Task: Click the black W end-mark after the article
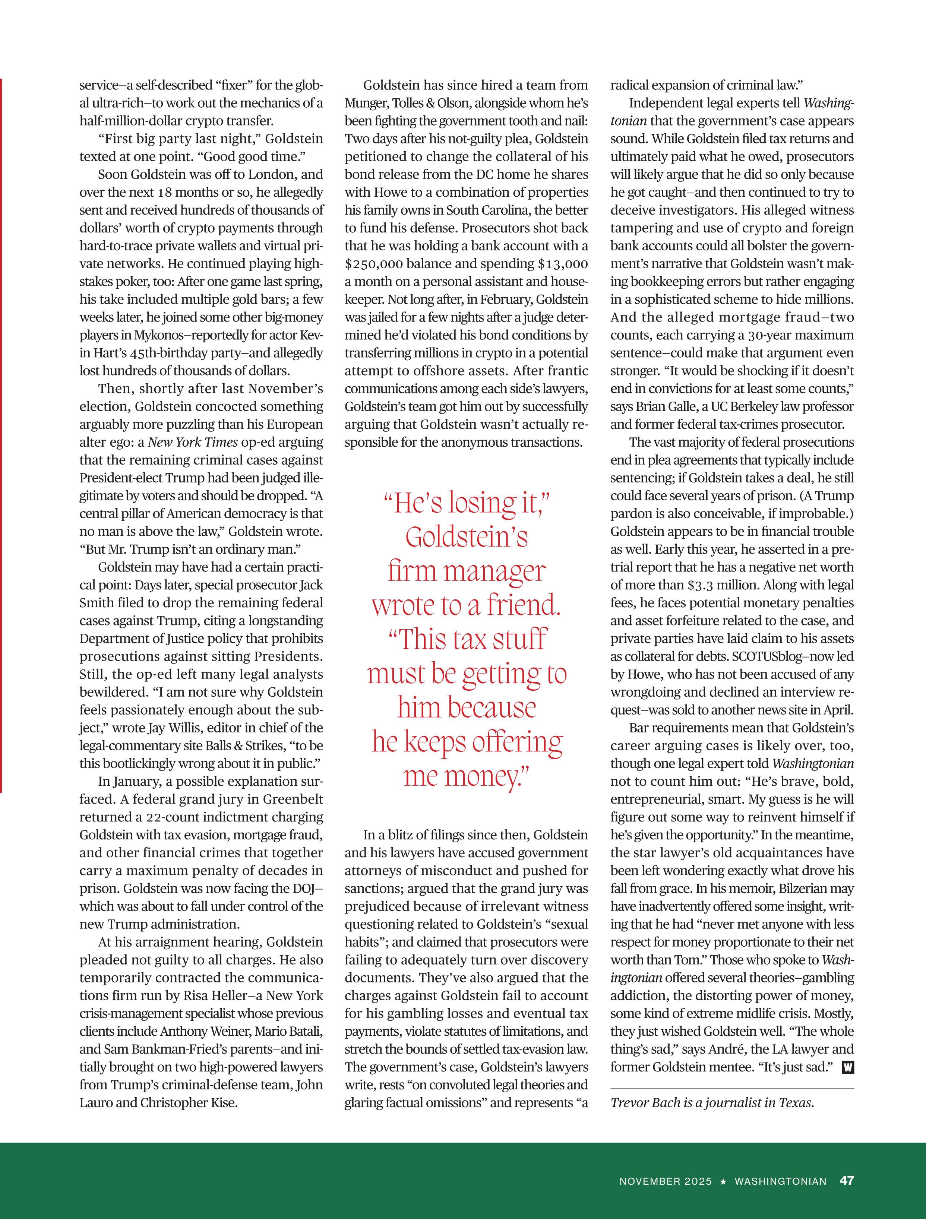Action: pyautogui.click(x=848, y=1067)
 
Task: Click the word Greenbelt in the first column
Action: pyautogui.click(x=293, y=799)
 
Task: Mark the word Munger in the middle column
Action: pyautogui.click(x=366, y=103)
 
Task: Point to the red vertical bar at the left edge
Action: pyautogui.click(x=1, y=436)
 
